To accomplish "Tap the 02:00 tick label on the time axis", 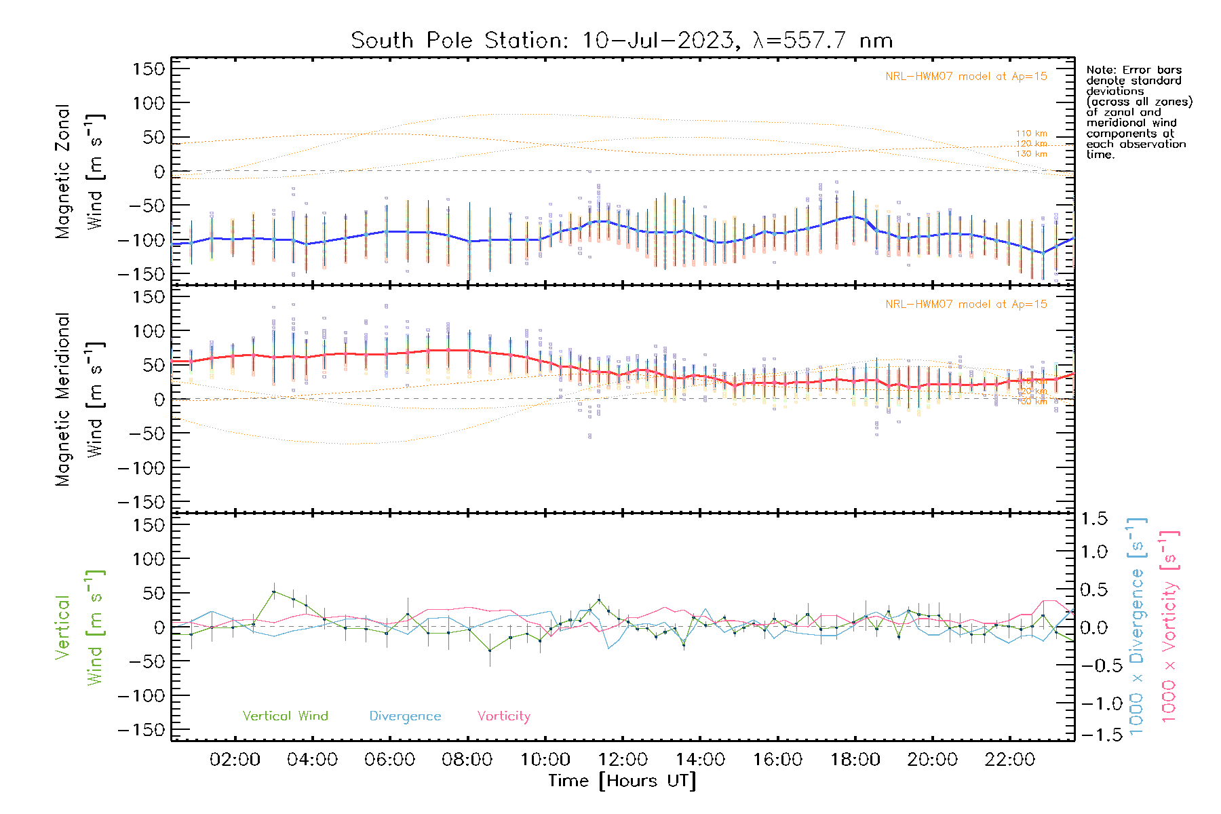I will coord(235,759).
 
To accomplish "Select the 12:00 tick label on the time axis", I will coord(622,759).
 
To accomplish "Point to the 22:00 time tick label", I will coord(1009,759).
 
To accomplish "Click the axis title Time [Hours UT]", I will coord(622,781).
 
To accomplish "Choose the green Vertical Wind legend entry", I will coord(285,716).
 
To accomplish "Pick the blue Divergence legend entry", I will coord(405,716).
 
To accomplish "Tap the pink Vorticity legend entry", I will coord(503,716).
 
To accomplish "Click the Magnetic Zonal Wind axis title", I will coord(80,172).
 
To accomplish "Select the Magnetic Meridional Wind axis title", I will coord(80,400).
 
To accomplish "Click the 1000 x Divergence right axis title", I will coord(1137,627).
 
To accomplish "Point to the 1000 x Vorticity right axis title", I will coord(1169,627).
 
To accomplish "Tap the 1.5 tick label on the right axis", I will coord(1093,519).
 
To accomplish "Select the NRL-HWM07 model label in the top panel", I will coord(966,77).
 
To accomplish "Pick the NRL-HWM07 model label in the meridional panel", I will coord(966,305).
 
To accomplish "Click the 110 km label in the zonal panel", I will coord(1031,134).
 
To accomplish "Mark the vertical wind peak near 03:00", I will coord(274,592).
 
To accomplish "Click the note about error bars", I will coord(1138,112).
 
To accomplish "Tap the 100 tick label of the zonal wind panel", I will coord(149,103).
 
